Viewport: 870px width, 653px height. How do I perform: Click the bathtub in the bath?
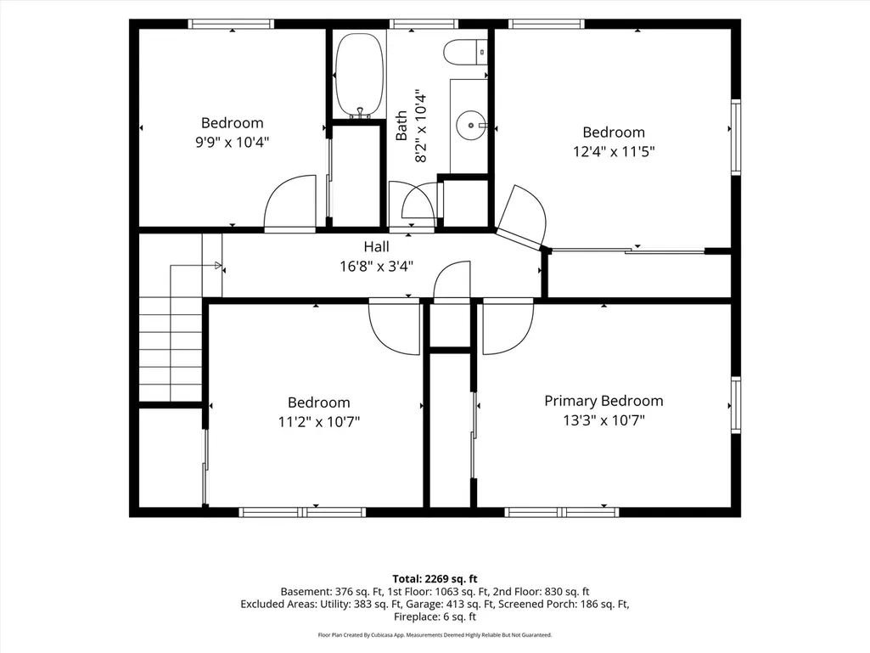359,75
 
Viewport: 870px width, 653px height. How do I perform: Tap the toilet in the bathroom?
465,53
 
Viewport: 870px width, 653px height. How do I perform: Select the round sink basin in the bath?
470,126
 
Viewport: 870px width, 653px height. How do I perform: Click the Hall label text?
376,246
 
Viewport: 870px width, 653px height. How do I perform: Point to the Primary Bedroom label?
603,401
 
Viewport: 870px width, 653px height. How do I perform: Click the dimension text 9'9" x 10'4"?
232,142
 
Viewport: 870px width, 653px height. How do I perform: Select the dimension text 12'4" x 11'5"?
614,151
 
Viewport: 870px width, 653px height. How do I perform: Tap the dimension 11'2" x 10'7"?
318,422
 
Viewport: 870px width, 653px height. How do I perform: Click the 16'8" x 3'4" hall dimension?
376,267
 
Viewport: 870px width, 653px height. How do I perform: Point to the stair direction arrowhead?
218,266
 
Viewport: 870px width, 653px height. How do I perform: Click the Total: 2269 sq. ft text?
435,579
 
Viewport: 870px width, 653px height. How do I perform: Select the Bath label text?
401,126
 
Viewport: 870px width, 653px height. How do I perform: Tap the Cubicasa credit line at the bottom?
435,634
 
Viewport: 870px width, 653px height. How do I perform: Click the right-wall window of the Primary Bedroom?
736,404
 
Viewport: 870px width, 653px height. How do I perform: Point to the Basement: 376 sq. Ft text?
331,592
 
